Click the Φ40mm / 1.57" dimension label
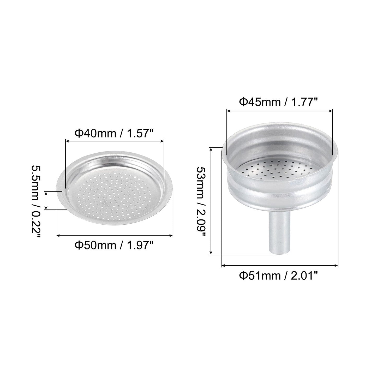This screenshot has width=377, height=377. (x=115, y=134)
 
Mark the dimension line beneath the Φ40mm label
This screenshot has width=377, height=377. (x=115, y=141)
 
